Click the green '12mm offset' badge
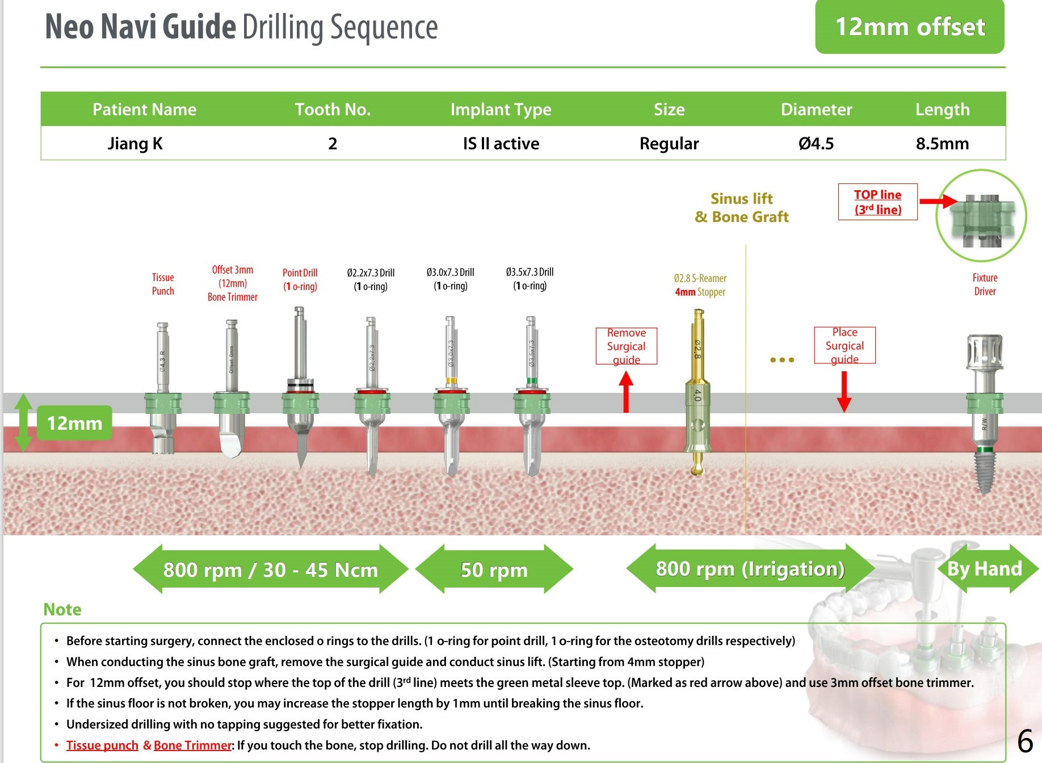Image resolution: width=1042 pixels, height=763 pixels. [x=909, y=27]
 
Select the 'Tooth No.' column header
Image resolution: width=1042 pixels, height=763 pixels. [x=333, y=109]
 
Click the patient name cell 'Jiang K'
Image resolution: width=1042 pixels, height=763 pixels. [x=135, y=144]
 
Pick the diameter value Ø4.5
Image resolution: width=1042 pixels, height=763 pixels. [x=816, y=144]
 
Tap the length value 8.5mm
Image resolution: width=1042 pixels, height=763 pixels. [x=942, y=144]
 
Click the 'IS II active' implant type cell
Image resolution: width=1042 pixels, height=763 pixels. [x=501, y=144]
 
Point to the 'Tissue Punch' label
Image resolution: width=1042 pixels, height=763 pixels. [x=163, y=284]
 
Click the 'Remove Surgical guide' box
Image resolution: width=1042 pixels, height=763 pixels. [x=626, y=346]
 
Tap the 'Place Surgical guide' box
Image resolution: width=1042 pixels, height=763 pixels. [x=844, y=345]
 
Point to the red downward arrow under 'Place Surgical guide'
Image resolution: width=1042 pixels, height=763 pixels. [x=844, y=392]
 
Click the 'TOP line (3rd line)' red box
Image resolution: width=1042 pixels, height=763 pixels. [x=877, y=202]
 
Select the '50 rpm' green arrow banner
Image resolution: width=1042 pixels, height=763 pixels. [x=494, y=569]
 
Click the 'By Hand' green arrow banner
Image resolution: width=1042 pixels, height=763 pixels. [x=985, y=568]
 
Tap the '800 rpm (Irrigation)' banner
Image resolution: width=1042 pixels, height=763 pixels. [x=750, y=568]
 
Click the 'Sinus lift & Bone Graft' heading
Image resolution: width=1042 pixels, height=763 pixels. [x=741, y=207]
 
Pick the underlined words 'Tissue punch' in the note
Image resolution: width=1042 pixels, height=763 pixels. [x=102, y=745]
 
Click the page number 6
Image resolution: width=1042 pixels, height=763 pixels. [x=1024, y=741]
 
